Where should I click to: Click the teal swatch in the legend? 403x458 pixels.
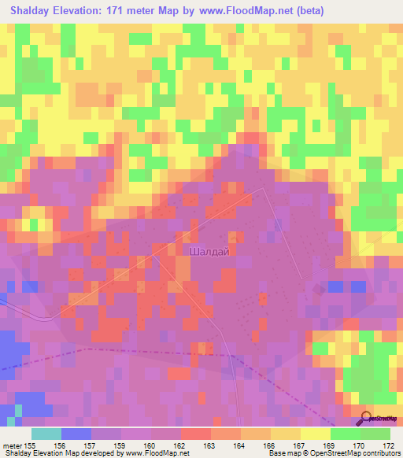[46, 434]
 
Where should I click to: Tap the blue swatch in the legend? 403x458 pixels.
[76, 434]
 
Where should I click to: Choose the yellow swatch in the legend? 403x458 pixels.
[315, 434]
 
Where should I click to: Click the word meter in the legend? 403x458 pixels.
[13, 445]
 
